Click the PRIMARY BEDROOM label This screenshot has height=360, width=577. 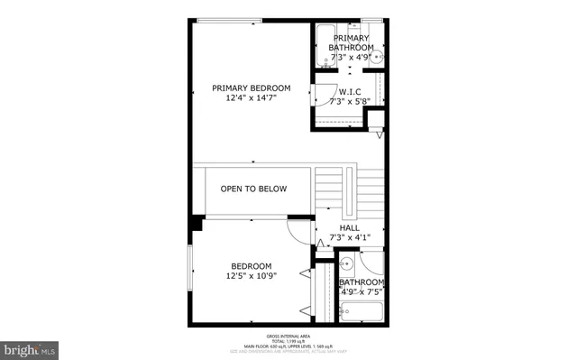(x=252, y=88)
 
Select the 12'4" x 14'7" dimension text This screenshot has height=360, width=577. (x=252, y=98)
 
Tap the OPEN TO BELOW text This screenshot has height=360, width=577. (x=253, y=189)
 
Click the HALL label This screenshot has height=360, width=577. (x=350, y=228)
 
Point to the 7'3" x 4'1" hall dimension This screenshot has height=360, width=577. (x=350, y=238)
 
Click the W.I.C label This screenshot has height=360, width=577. (x=350, y=92)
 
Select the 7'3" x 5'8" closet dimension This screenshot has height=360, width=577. (x=350, y=102)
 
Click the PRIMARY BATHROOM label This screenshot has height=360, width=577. (x=351, y=42)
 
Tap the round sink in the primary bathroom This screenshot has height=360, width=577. (x=380, y=56)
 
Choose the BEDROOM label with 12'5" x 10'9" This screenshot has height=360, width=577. (x=251, y=265)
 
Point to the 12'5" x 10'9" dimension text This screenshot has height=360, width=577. (x=251, y=276)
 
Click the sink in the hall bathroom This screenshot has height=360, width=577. (x=346, y=265)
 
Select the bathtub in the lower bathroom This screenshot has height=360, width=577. (x=361, y=313)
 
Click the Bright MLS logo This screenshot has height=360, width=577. (x=30, y=347)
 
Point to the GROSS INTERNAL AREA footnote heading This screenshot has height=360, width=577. (x=288, y=334)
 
